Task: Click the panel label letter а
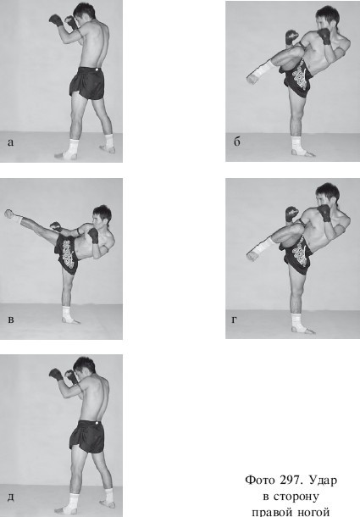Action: tap(10, 142)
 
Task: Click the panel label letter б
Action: tap(236, 142)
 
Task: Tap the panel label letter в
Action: tap(11, 320)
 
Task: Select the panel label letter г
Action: tap(235, 320)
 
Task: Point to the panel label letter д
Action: tap(11, 497)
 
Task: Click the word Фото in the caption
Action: tap(260, 480)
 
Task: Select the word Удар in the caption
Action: tap(323, 481)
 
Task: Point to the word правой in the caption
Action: tap(270, 512)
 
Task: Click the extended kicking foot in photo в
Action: tap(9, 214)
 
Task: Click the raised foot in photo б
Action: tap(252, 79)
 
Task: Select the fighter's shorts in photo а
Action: tap(87, 82)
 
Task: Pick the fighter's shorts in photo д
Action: tap(87, 436)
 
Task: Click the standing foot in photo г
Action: tap(302, 328)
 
